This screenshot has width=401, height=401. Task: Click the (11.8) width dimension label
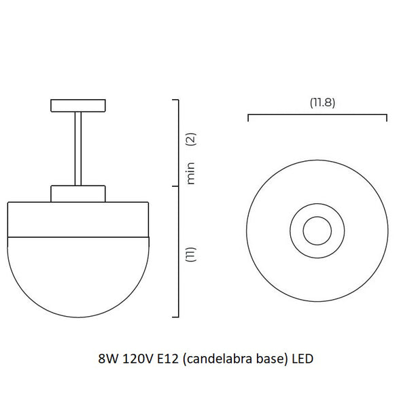(x=322, y=103)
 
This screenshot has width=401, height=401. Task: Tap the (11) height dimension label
(x=191, y=254)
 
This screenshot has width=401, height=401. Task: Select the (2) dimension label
(x=191, y=139)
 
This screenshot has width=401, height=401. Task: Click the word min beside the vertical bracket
(x=191, y=173)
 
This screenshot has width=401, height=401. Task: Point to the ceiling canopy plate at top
(x=78, y=105)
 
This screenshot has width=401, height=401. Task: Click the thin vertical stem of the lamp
(x=78, y=149)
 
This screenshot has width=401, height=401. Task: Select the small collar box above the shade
(x=78, y=194)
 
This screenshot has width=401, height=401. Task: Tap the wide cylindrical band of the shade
(x=78, y=220)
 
